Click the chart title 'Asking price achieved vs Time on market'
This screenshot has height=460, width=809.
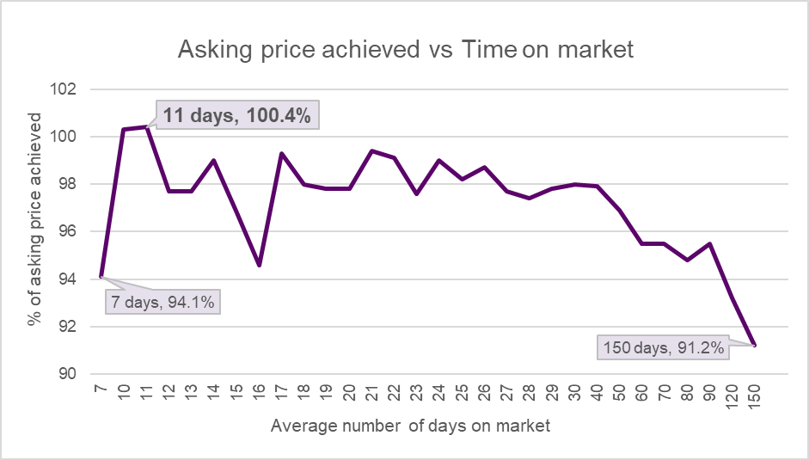(405, 49)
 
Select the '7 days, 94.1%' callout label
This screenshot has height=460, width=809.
(162, 302)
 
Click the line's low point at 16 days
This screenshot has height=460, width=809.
(259, 265)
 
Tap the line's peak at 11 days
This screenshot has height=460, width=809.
(146, 127)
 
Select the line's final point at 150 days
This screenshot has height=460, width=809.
(755, 345)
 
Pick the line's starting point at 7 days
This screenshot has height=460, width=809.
(101, 277)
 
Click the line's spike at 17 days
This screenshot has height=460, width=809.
(281, 153)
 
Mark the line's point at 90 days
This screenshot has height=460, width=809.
(709, 243)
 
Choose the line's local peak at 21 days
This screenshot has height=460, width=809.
(371, 150)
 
